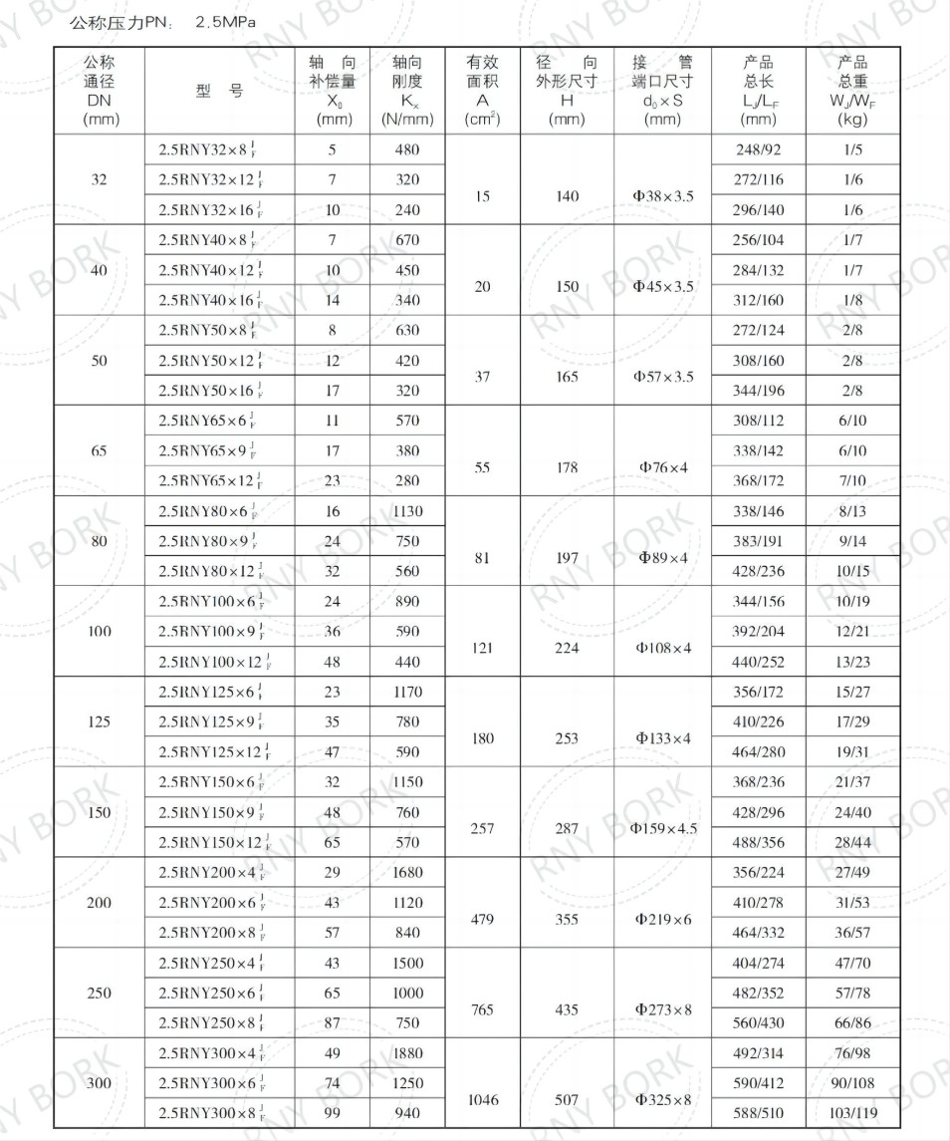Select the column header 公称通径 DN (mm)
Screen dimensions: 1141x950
[99, 91]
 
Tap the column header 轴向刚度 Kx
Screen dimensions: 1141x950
[407, 91]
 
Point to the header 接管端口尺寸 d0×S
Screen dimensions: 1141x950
[662, 91]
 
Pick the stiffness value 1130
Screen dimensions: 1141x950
[407, 511]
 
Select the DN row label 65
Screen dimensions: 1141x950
[99, 450]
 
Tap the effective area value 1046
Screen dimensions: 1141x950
[482, 1099]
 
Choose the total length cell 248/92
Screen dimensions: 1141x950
[759, 150]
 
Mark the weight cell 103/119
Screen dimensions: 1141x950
[852, 1113]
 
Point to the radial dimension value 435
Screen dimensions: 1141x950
[567, 1009]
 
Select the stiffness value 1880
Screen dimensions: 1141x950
[407, 1053]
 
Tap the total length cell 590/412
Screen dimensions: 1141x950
[759, 1083]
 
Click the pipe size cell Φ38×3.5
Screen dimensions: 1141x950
[662, 196]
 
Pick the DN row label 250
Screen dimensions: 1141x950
[99, 993]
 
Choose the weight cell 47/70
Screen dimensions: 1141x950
[852, 963]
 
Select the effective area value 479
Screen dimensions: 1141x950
[482, 919]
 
